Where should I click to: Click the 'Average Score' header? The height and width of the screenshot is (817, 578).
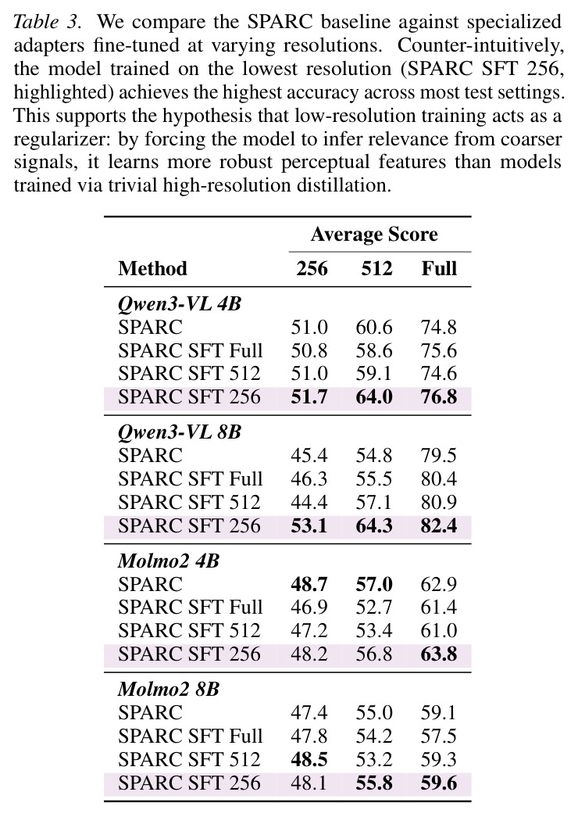pos(374,235)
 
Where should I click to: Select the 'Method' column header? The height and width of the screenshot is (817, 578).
pos(152,268)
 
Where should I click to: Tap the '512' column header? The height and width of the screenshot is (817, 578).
pos(376,268)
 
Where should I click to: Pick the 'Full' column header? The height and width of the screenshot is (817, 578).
pos(439,268)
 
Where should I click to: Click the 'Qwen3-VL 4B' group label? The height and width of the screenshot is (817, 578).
pos(180,304)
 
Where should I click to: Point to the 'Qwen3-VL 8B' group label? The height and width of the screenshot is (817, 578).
pos(180,432)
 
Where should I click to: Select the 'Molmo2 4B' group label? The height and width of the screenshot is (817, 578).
pos(169,561)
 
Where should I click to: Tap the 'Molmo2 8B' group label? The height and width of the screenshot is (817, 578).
pos(169,690)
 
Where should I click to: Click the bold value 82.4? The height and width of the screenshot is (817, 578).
pos(439,525)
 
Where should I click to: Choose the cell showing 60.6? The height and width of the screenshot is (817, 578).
pos(374,328)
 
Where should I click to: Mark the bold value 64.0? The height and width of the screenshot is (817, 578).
pos(374,397)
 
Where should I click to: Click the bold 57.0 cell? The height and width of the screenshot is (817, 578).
pos(374,585)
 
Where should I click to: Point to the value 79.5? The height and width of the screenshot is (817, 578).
pos(439,456)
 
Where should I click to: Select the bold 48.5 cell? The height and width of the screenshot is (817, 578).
pos(309,759)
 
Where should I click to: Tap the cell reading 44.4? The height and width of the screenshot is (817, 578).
pos(309,502)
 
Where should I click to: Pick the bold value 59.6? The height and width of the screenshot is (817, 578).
pos(439,783)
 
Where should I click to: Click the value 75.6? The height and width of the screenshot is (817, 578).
pos(439,351)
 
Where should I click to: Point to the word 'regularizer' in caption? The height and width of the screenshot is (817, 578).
pos(61,140)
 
